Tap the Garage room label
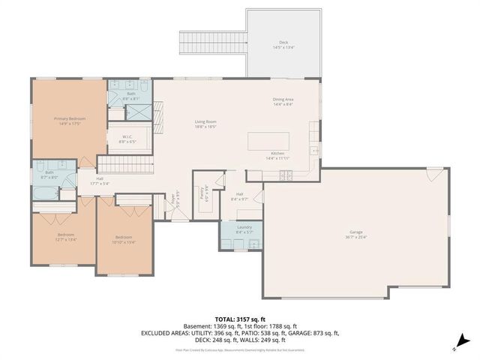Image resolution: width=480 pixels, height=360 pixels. [355, 234]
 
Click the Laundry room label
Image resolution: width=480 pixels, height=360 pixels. [244, 230]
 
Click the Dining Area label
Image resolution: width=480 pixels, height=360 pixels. [283, 102]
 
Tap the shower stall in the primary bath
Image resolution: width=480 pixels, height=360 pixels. [137, 112]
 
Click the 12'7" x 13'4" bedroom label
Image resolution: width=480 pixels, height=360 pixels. [66, 237]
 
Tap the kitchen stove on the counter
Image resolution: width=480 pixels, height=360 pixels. [285, 176]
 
